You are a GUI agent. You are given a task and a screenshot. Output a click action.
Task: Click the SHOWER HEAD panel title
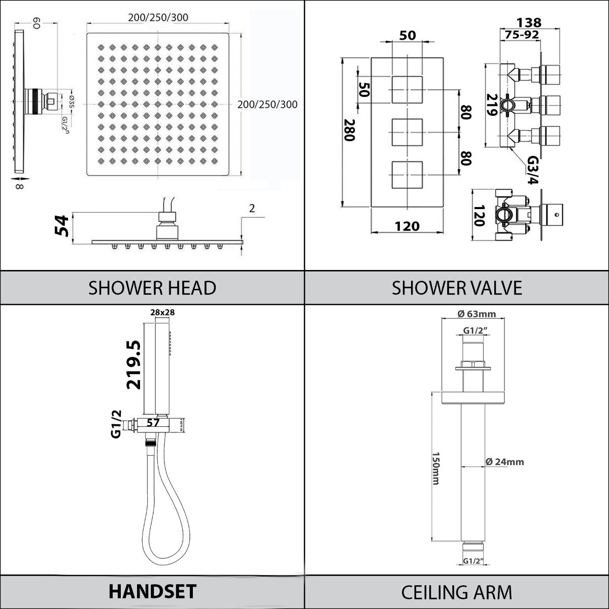tap(152, 288)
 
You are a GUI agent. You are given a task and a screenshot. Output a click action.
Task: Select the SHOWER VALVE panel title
tap(457, 288)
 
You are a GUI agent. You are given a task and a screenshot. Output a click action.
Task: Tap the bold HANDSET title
tap(152, 591)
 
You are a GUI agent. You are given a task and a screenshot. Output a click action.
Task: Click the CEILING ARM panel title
tap(457, 592)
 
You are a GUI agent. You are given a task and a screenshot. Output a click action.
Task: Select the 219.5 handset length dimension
tap(134, 365)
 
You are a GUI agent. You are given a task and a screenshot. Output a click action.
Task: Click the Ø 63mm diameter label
tap(477, 314)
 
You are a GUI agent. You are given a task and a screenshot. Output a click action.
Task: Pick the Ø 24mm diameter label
tap(504, 462)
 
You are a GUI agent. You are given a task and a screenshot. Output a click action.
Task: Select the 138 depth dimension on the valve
tap(529, 22)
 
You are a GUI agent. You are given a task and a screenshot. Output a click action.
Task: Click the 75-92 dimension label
tap(522, 35)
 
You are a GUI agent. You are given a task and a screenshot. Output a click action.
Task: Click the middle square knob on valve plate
tap(408, 133)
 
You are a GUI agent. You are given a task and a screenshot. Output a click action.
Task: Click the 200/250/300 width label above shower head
tap(158, 18)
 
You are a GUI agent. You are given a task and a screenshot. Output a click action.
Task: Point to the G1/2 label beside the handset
tap(116, 423)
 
